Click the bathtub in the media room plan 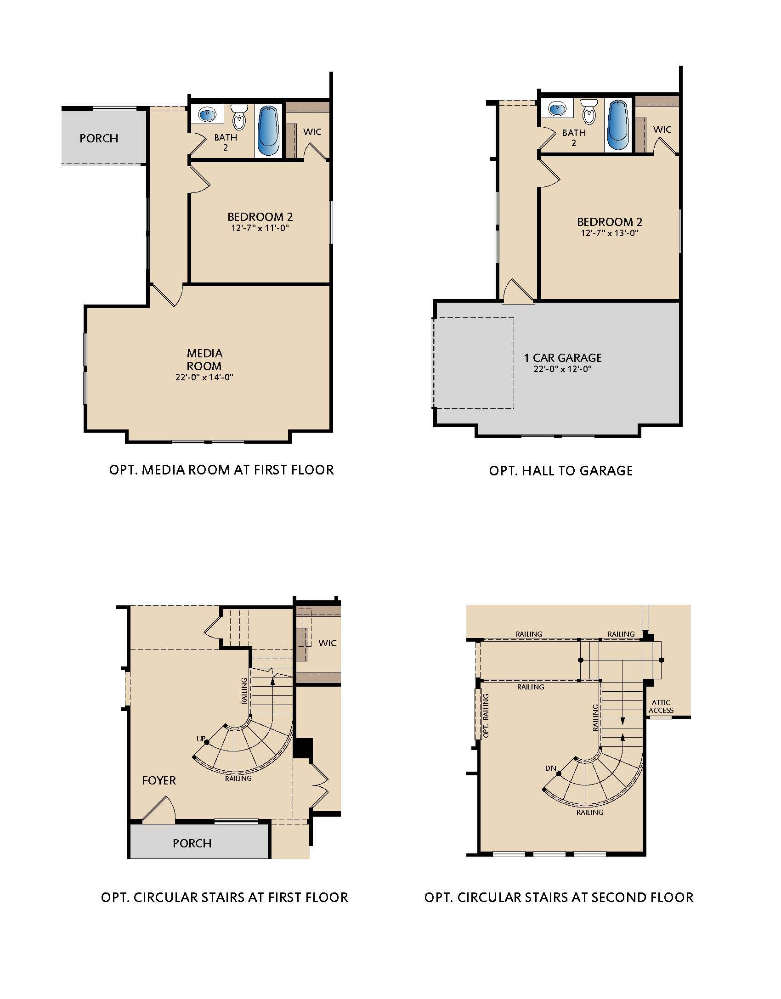coord(268,131)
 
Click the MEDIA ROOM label coord(204,360)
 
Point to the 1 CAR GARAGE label coord(563,358)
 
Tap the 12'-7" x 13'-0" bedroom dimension coord(610,233)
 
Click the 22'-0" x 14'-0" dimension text coord(204,378)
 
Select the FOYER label coord(159,780)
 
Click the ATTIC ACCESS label coord(661,706)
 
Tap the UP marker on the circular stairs coord(201,739)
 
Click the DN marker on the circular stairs coord(550,768)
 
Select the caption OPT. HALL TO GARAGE coord(561,471)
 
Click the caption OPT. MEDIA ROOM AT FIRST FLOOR coord(221,470)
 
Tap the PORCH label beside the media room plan coord(99,138)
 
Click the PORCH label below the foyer coord(192,843)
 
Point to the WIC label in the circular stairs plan coord(328,643)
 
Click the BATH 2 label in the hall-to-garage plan coord(574,138)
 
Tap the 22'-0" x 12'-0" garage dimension coord(563,369)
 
